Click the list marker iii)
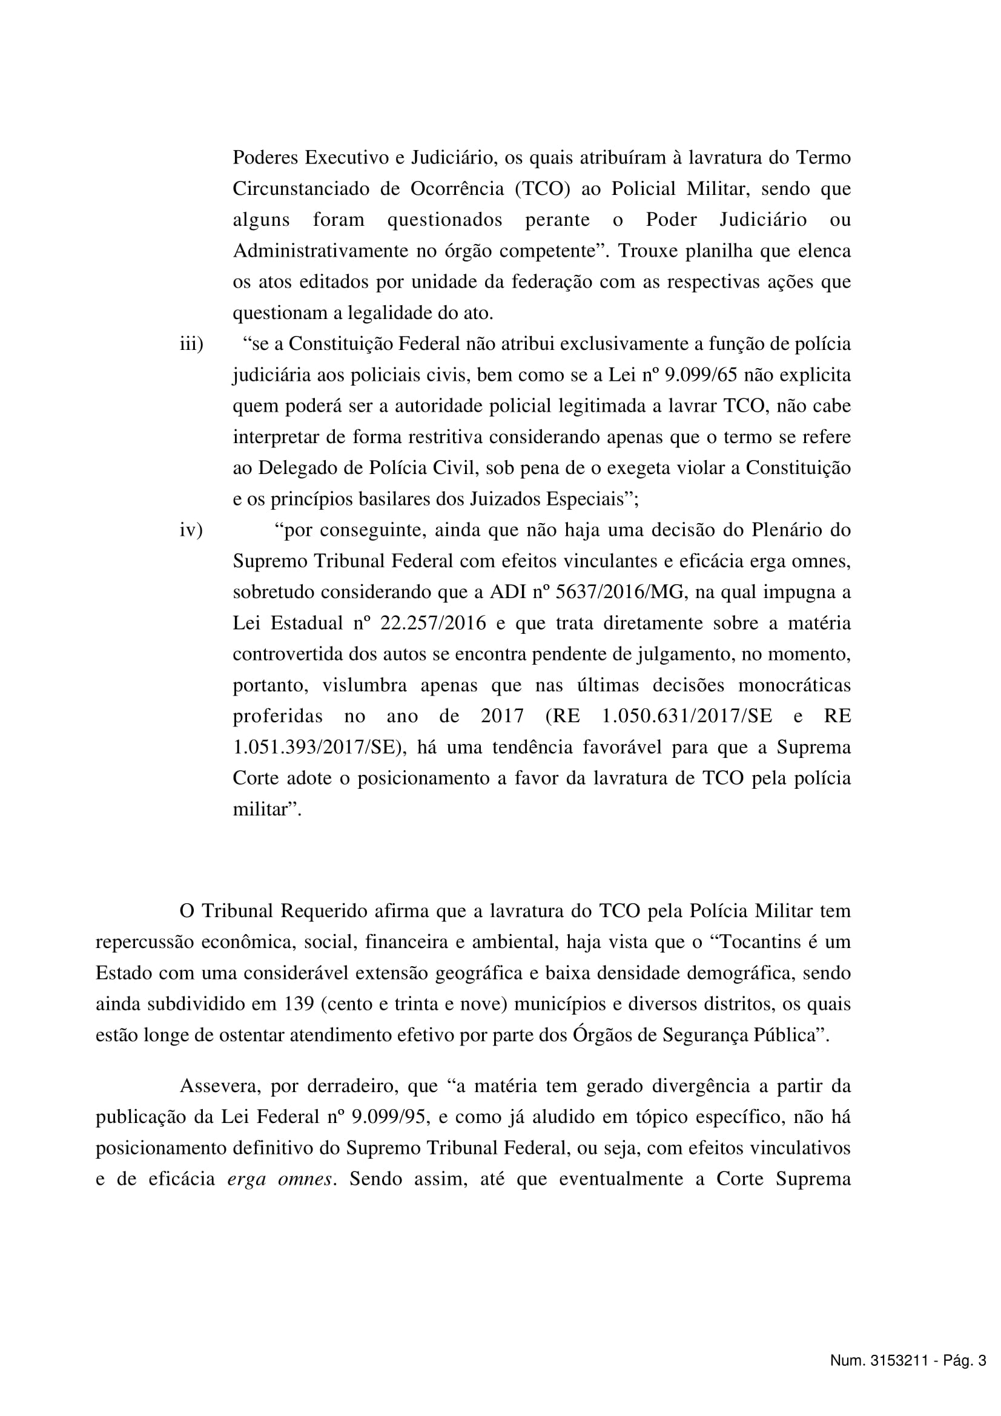tap(191, 344)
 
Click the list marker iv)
tap(191, 530)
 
